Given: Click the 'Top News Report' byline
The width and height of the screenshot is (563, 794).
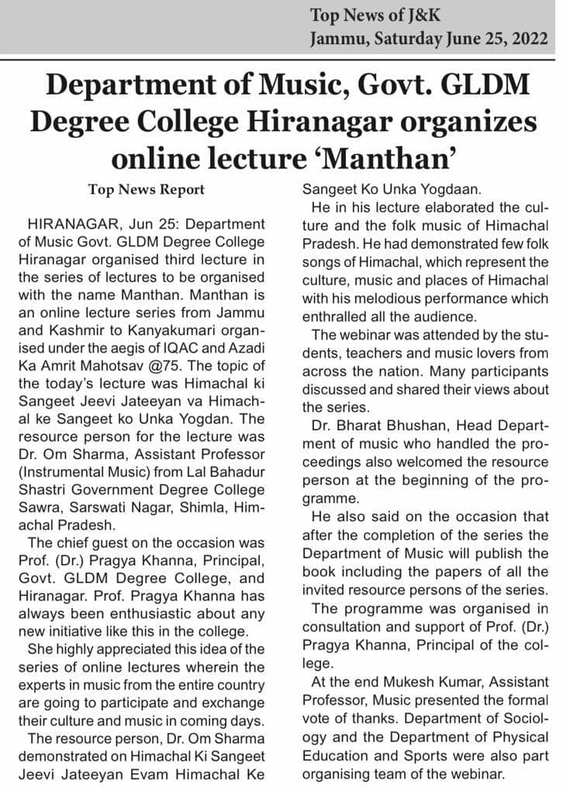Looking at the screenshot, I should (x=147, y=189).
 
